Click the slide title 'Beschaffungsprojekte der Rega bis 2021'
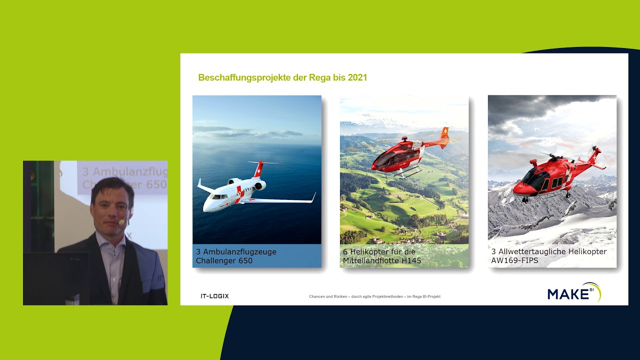point(282,77)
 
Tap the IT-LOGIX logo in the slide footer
point(214,296)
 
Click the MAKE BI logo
point(573,292)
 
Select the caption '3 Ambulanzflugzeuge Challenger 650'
point(236,256)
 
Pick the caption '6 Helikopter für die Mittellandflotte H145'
point(382,256)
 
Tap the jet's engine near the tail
point(260,185)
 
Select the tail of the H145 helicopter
point(443,137)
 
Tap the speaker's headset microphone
point(121,222)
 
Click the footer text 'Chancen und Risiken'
point(374,296)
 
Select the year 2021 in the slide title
point(357,77)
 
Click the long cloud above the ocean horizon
point(250,132)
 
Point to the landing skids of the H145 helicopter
point(407,173)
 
